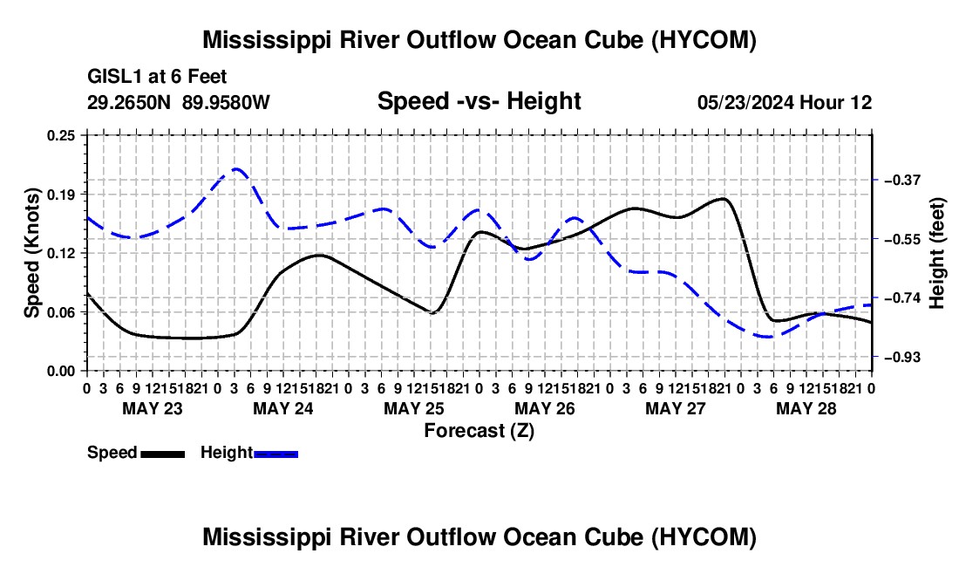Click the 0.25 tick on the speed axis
pos(60,135)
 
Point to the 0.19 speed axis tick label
pos(60,195)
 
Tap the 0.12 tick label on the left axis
pos(60,253)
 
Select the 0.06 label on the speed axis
pos(60,312)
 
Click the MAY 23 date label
pos(153,408)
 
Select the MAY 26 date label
pos(544,408)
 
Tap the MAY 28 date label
pos(806,408)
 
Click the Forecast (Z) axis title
pos(479,431)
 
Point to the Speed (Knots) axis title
pos(31,253)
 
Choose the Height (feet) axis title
pos(936,253)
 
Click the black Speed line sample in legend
pos(163,454)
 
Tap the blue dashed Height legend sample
pos(275,454)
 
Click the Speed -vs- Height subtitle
pos(479,101)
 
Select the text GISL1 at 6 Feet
pos(157,77)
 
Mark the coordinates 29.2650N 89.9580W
pos(178,102)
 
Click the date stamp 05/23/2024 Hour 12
pos(785,102)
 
